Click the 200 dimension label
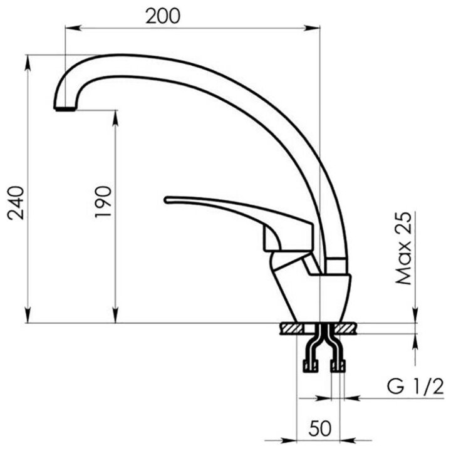click(163, 16)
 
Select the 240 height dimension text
click(16, 203)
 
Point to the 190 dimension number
click(103, 202)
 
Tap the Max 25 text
click(403, 249)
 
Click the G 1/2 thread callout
click(415, 386)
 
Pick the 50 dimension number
click(320, 428)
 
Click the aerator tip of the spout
click(65, 109)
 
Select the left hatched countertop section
click(291, 328)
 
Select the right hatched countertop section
click(345, 328)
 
